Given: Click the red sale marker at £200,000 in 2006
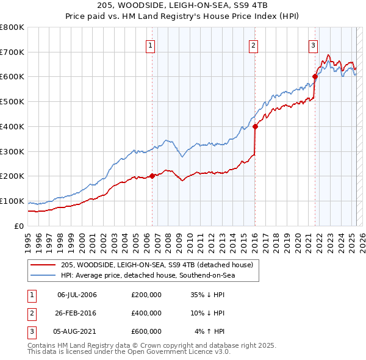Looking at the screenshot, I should click(x=152, y=176).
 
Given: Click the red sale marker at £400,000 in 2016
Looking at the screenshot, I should click(x=255, y=127).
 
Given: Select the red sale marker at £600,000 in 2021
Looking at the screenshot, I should click(x=315, y=76).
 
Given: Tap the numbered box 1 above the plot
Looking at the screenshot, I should click(x=150, y=45).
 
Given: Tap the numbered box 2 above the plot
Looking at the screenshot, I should click(x=253, y=45).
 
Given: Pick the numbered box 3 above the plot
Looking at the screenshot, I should click(x=313, y=45).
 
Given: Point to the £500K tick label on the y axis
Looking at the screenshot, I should click(x=12, y=102).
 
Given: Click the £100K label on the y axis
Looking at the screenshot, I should click(x=12, y=201).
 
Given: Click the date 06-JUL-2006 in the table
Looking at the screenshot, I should click(x=77, y=295).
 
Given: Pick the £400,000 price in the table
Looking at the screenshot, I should click(x=146, y=313).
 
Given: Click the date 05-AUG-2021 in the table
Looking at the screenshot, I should click(x=77, y=331).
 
